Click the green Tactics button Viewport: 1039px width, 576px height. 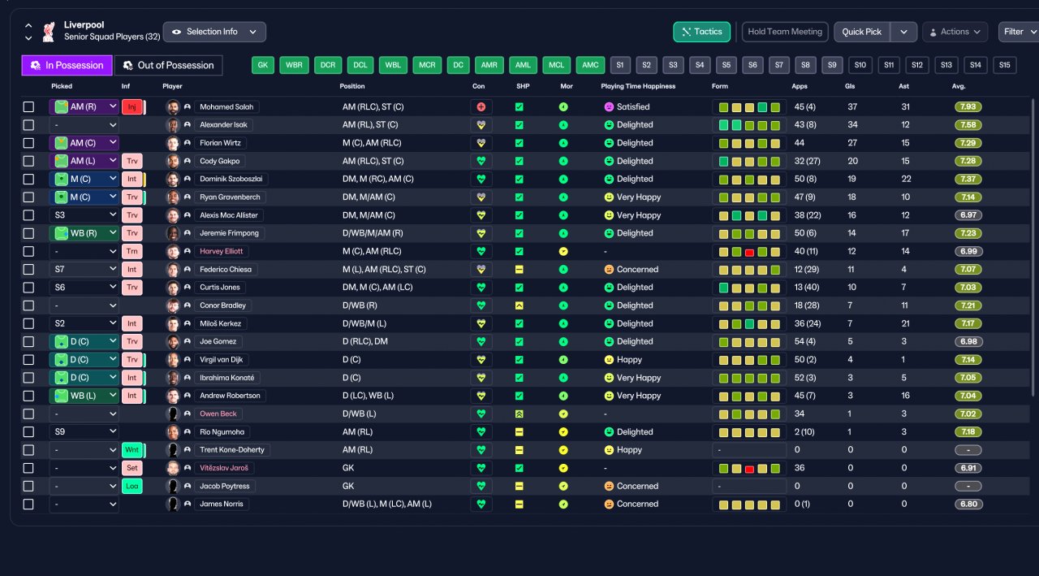701,32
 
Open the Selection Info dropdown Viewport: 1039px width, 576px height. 214,32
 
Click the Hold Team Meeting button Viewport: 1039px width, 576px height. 785,32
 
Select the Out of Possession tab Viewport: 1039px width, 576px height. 168,66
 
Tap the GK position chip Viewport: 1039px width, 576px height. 262,65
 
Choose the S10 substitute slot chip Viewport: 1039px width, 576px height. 860,65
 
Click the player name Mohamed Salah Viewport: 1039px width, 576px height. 226,106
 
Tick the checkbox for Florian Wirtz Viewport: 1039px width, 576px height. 28,143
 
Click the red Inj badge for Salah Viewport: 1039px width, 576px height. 132,106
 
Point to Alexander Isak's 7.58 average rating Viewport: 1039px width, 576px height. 968,125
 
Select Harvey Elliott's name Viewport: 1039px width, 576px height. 221,251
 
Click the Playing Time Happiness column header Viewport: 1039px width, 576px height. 638,86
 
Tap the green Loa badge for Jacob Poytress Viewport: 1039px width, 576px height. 132,486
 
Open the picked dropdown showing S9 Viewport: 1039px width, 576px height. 84,431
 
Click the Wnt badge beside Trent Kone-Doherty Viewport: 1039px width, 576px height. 132,450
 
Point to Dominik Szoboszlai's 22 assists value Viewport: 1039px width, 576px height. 906,180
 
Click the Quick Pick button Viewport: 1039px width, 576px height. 861,32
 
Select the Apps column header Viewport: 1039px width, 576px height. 800,86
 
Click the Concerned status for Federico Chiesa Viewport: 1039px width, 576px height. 632,269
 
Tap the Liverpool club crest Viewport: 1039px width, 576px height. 49,32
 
